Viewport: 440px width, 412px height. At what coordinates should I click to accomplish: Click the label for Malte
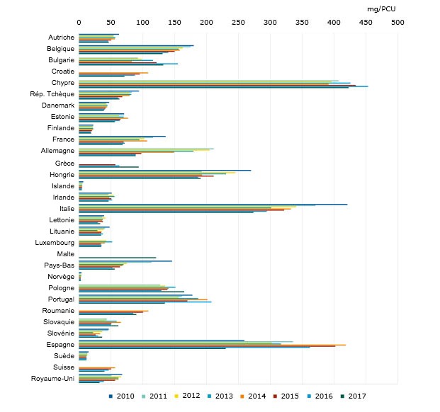(x=65, y=253)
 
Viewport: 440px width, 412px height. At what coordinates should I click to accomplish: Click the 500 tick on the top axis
(x=397, y=22)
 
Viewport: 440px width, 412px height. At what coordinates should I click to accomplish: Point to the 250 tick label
(x=238, y=22)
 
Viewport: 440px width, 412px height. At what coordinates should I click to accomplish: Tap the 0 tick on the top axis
(x=79, y=22)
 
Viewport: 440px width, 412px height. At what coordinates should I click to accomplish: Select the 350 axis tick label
(x=301, y=22)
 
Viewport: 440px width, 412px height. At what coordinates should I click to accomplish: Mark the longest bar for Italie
(x=213, y=204)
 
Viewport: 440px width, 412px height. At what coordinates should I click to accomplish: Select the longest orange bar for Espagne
(x=212, y=345)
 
